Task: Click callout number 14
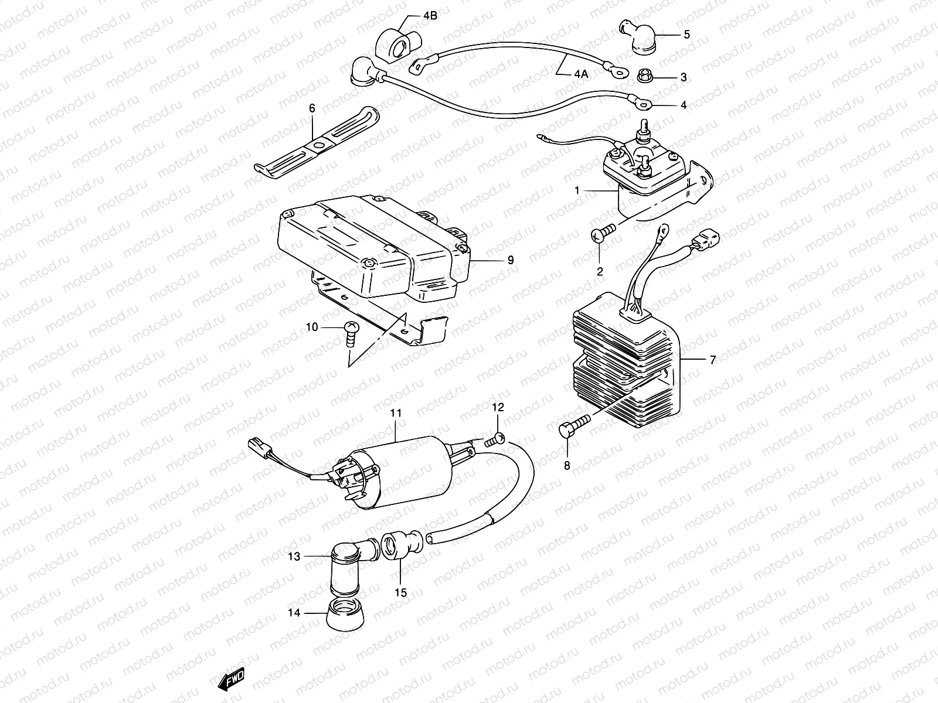click(x=294, y=613)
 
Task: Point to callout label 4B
click(x=430, y=15)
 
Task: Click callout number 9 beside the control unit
click(x=510, y=260)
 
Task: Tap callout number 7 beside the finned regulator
click(x=712, y=360)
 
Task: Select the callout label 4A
click(x=581, y=74)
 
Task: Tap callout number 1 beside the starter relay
click(x=577, y=190)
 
